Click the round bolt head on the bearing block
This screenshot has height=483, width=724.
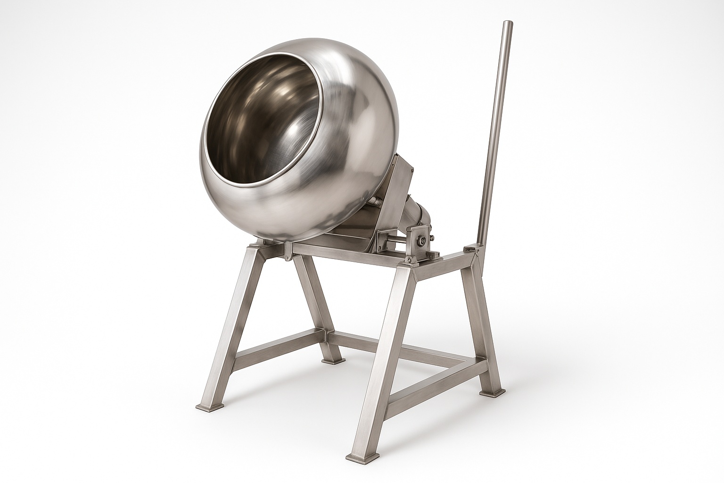pyautogui.click(x=423, y=241)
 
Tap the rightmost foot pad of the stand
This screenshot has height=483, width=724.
pyautogui.click(x=490, y=391)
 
